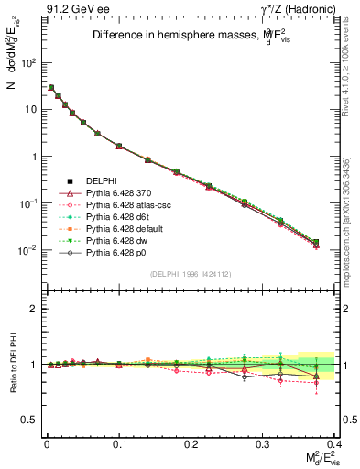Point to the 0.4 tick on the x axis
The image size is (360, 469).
click(335, 443)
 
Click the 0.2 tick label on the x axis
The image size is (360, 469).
click(191, 443)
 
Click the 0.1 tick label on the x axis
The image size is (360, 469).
click(118, 443)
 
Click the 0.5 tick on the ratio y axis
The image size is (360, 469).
click(29, 420)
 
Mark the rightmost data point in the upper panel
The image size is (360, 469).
click(316, 243)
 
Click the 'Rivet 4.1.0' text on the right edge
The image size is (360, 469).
click(351, 110)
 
